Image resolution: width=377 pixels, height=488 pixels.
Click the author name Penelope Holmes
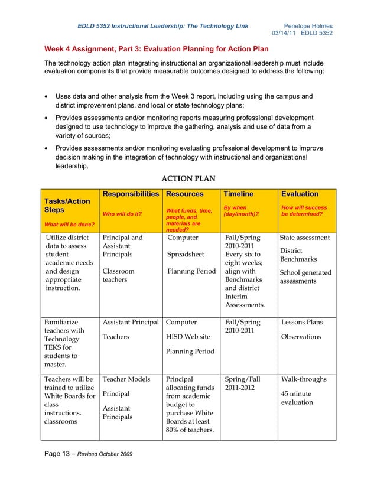308,26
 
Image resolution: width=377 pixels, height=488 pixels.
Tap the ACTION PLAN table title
188,178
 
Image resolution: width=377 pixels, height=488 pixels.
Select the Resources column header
184,194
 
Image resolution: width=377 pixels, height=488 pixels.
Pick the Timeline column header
238,194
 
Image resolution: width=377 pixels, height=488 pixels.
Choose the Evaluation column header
300,194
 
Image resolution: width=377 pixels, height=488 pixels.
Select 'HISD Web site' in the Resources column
188,337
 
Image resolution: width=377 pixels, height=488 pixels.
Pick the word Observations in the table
301,337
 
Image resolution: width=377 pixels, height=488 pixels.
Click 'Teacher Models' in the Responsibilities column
126,379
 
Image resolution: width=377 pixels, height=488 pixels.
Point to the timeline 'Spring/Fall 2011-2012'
243,383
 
